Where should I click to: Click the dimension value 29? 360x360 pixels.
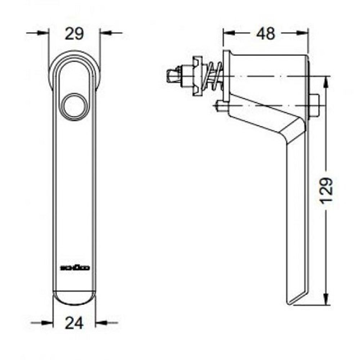pyautogui.click(x=74, y=34)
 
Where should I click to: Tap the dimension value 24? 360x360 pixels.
pyautogui.click(x=74, y=323)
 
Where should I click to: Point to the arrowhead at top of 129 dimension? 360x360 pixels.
pyautogui.click(x=326, y=81)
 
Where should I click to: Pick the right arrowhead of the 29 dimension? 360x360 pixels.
pyautogui.click(x=104, y=33)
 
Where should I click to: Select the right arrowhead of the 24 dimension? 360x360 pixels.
pyautogui.click(x=100, y=323)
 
